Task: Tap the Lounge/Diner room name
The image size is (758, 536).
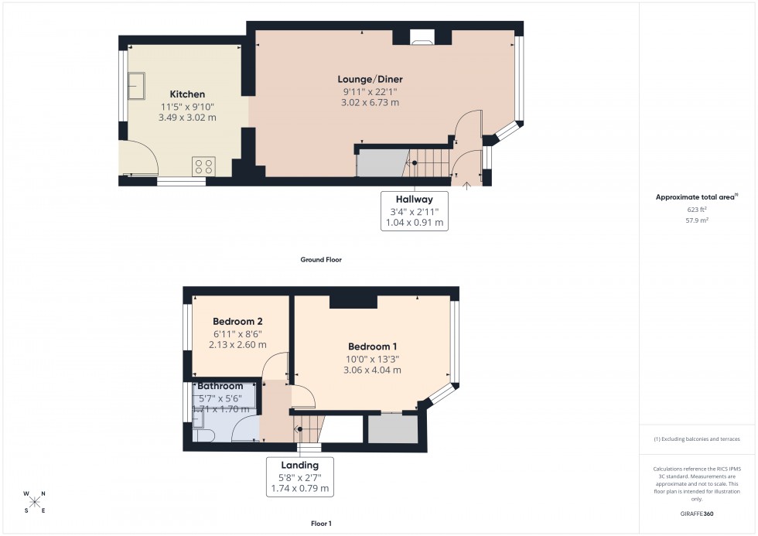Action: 370,79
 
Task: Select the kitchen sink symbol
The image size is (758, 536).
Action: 137,86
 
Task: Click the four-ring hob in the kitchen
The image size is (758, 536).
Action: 203,166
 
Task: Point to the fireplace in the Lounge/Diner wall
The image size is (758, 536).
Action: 422,35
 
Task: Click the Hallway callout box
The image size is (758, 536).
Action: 415,210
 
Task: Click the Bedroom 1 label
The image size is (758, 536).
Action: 373,347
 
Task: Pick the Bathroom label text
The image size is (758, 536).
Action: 220,386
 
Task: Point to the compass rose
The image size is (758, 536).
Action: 35,501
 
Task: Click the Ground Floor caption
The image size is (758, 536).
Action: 321,260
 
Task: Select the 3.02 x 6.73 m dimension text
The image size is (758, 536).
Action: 370,102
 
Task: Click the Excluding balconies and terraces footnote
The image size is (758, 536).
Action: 698,439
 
